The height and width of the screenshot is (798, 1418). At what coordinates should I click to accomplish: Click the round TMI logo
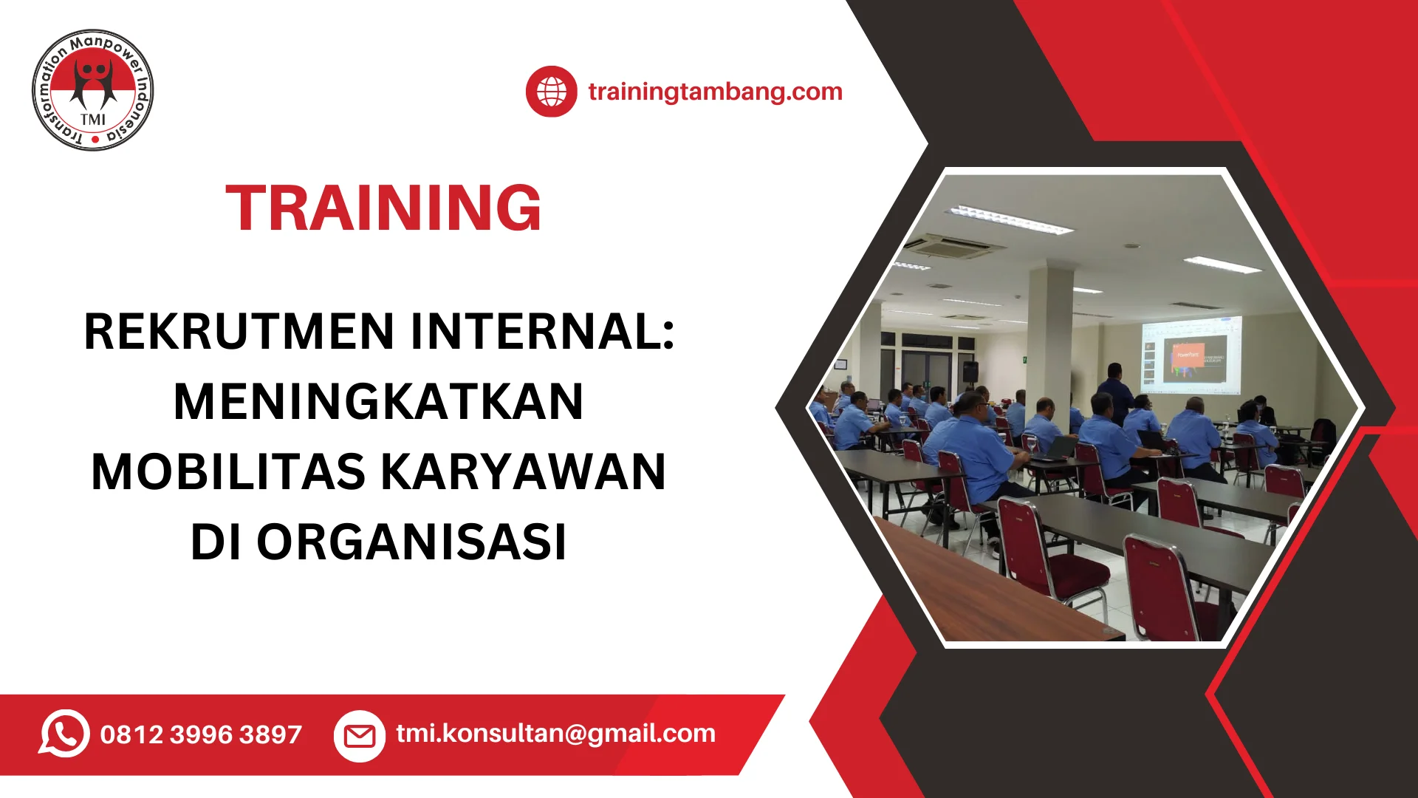pos(93,90)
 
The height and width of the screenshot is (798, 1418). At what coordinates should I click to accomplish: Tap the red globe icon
pos(551,92)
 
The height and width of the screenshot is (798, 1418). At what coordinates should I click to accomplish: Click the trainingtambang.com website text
pos(715,92)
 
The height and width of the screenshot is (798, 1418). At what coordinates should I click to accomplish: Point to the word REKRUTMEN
pos(239,331)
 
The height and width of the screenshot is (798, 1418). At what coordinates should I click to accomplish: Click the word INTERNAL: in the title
pos(543,331)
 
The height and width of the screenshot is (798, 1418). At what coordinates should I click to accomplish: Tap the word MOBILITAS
pos(228,471)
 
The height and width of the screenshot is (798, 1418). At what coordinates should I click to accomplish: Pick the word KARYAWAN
pos(523,471)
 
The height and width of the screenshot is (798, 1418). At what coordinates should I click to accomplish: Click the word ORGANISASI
pos(411,542)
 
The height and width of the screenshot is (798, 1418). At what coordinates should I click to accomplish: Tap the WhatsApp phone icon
pos(64,734)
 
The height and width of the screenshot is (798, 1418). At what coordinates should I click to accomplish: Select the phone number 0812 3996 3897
pos(201,734)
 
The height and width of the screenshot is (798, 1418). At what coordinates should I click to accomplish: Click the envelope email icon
pos(360,736)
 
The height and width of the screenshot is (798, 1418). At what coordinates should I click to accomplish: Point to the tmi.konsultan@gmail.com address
pos(555,733)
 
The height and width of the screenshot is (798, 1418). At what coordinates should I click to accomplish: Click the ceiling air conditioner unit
pos(955,246)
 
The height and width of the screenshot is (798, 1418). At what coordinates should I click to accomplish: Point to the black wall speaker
pos(970,372)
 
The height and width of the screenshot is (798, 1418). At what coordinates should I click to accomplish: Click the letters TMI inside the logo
pos(93,120)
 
